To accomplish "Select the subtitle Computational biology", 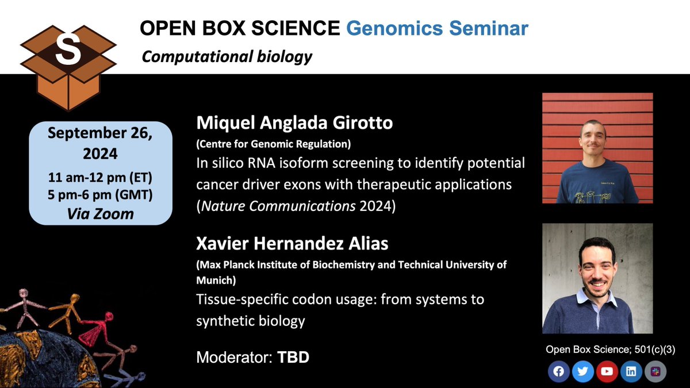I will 227,57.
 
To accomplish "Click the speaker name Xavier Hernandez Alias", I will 292,244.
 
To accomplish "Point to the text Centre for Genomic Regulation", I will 274,143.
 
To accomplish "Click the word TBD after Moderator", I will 293,357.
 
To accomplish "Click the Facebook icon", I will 558,371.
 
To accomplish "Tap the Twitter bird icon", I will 582,371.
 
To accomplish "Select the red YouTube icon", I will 607,371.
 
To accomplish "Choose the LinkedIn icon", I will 631,371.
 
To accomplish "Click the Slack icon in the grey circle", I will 655,371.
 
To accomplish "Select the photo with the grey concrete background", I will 597,278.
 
